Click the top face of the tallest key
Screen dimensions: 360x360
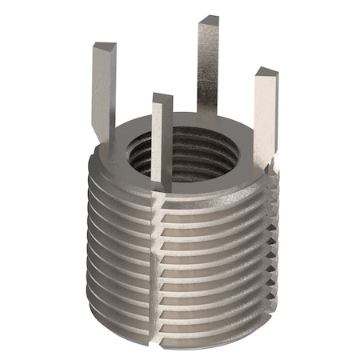pos(209,20)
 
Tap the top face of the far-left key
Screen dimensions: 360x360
pos(105,48)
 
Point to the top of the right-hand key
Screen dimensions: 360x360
pos(266,74)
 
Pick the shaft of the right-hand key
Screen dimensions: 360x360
pos(266,120)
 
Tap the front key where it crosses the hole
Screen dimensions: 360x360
pos(162,148)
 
